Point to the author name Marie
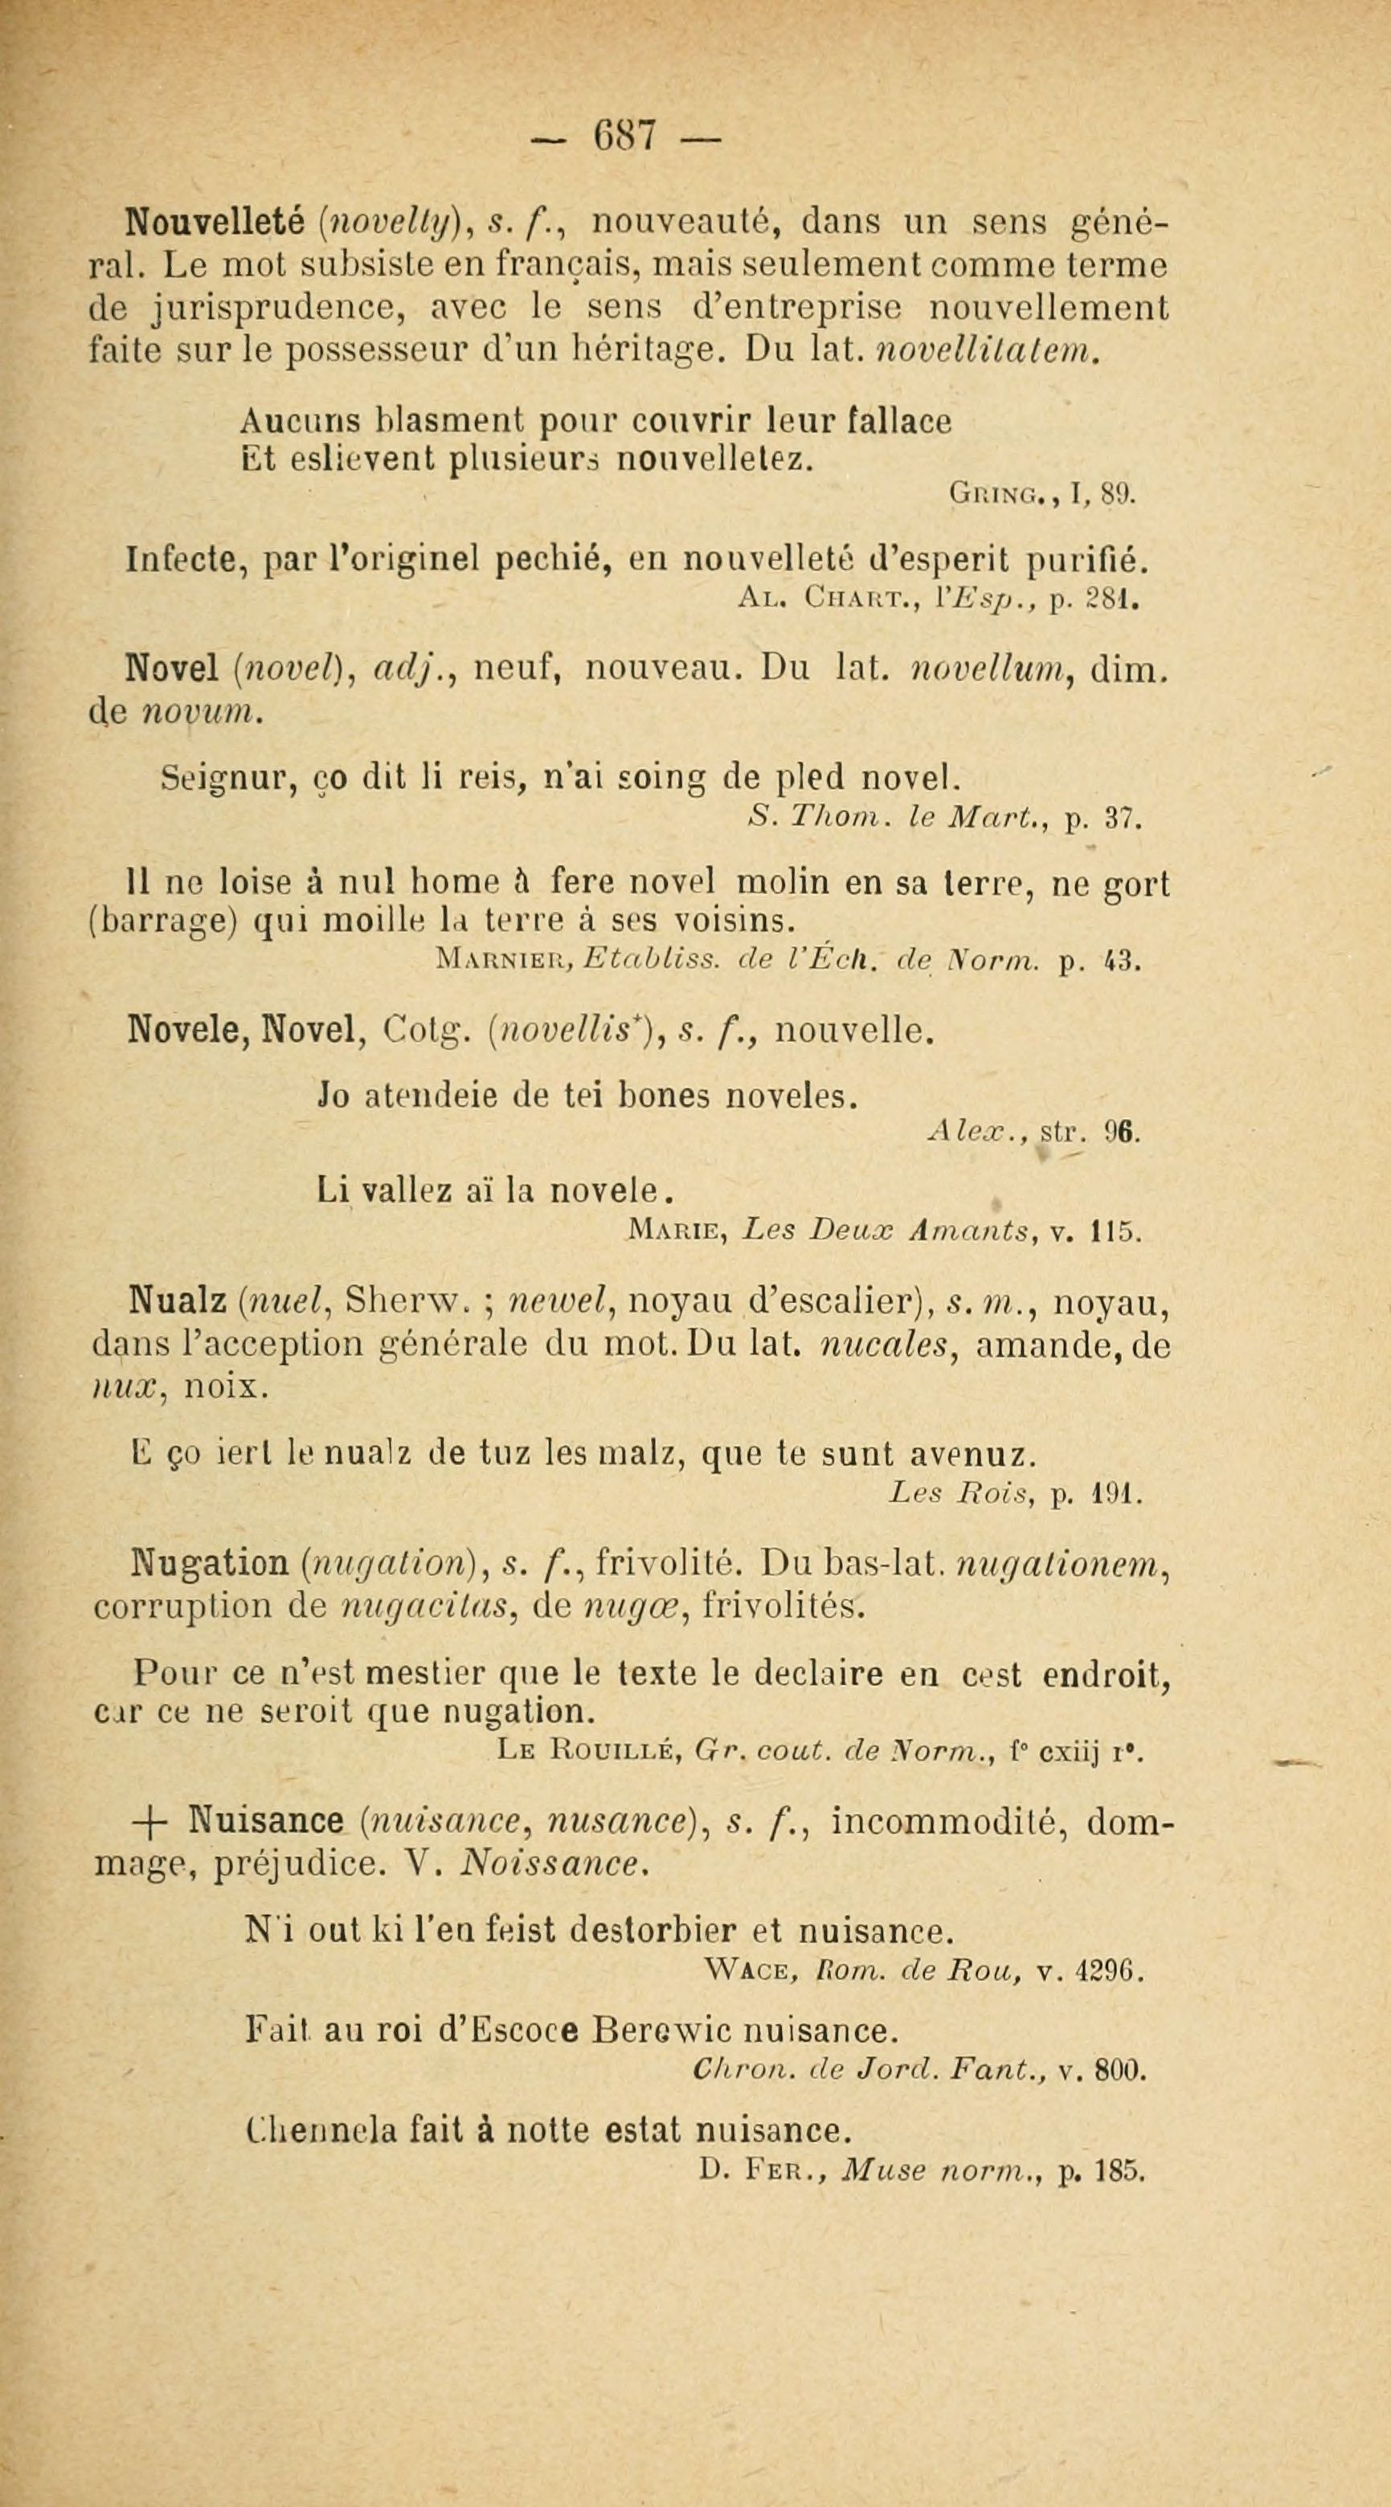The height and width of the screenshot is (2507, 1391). coord(677,1232)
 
